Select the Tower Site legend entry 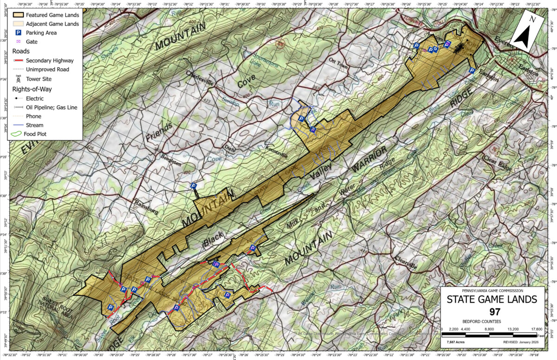(x=41, y=78)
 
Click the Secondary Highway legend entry (x=49, y=60)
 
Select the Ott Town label (x=338, y=63)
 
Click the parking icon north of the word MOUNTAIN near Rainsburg (x=194, y=186)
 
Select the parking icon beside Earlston (x=472, y=71)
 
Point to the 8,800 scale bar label (x=489, y=329)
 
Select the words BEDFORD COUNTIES (x=481, y=321)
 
